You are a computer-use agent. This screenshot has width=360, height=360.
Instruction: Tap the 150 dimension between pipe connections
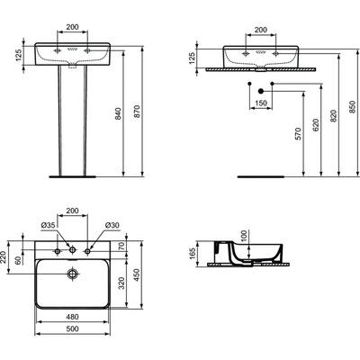pyautogui.click(x=262, y=103)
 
